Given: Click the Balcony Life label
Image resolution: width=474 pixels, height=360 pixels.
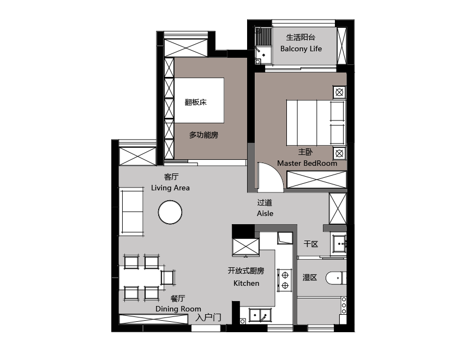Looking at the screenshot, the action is pos(301,49).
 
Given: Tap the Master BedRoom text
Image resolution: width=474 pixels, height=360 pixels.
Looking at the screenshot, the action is pos(307,163).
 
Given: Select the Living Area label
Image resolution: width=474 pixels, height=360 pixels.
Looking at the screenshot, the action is pos(170,188).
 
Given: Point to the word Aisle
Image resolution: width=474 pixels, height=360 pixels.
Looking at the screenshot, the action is pos(265,213).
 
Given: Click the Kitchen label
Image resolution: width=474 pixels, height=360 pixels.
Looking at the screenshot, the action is pos(246,283).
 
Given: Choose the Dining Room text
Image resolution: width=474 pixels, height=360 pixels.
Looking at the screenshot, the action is pos(178,309).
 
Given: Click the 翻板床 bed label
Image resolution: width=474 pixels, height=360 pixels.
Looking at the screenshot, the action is pos(196,102).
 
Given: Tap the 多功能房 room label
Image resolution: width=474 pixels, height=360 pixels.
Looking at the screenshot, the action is pos(203,135).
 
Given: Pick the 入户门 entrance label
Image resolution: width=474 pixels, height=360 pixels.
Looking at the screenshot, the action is pos(208,317).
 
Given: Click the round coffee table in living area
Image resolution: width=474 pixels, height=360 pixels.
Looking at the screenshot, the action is pos(170,212).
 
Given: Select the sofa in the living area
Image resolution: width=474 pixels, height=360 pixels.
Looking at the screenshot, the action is pos(132,211).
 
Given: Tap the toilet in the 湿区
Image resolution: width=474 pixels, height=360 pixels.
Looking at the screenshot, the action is pos(336,278).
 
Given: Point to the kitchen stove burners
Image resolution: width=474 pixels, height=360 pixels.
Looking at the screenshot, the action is pos(285,280).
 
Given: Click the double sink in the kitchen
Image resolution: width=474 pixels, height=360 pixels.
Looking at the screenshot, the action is pos(260,315).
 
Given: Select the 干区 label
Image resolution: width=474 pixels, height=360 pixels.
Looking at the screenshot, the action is pos(311,244).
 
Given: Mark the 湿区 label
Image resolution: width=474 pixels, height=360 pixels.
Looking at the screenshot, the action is pos(310,278).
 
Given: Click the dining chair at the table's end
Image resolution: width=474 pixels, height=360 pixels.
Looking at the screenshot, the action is pos(168,277).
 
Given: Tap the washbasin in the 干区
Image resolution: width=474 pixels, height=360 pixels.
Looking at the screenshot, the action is pos(339,244).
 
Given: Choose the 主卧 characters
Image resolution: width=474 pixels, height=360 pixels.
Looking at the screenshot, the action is pos(305,152).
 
